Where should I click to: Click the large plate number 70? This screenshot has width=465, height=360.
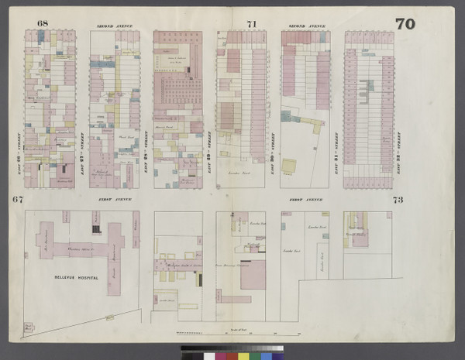pyautogui.click(x=405, y=24)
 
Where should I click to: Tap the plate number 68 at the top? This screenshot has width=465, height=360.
pyautogui.click(x=42, y=24)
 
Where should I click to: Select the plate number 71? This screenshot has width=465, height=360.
pyautogui.click(x=251, y=24)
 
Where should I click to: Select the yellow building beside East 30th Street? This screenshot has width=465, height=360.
pyautogui.click(x=290, y=166)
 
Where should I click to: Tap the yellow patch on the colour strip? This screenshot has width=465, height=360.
pyautogui.click(x=243, y=356)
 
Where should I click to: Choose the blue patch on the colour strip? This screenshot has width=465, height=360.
pyautogui.click(x=267, y=356)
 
